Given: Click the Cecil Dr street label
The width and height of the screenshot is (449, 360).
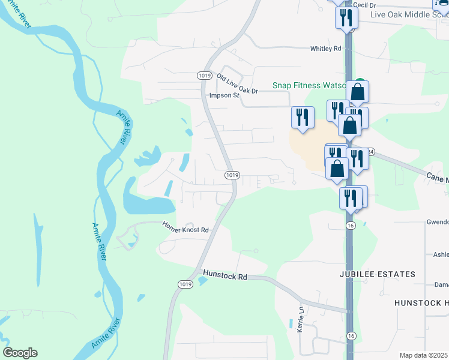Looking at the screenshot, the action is coord(364,5).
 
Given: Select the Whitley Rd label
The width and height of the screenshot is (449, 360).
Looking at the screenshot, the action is coord(325,49).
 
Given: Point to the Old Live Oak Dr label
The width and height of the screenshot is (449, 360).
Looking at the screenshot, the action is coord(237,83).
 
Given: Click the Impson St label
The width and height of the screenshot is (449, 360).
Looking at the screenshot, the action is coord(224,95).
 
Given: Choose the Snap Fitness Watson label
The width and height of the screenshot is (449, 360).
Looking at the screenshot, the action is coord(309,86).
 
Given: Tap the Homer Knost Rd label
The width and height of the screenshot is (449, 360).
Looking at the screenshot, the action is coord(185,229).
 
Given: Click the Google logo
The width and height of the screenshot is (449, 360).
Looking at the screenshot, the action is coord(20,353).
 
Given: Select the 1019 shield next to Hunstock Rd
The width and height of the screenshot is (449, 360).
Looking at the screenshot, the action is coord(185,284).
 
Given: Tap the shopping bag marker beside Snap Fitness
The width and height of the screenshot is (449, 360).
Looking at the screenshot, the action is coord(357,92).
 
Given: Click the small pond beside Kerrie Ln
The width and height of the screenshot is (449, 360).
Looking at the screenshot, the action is coord(292,325).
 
